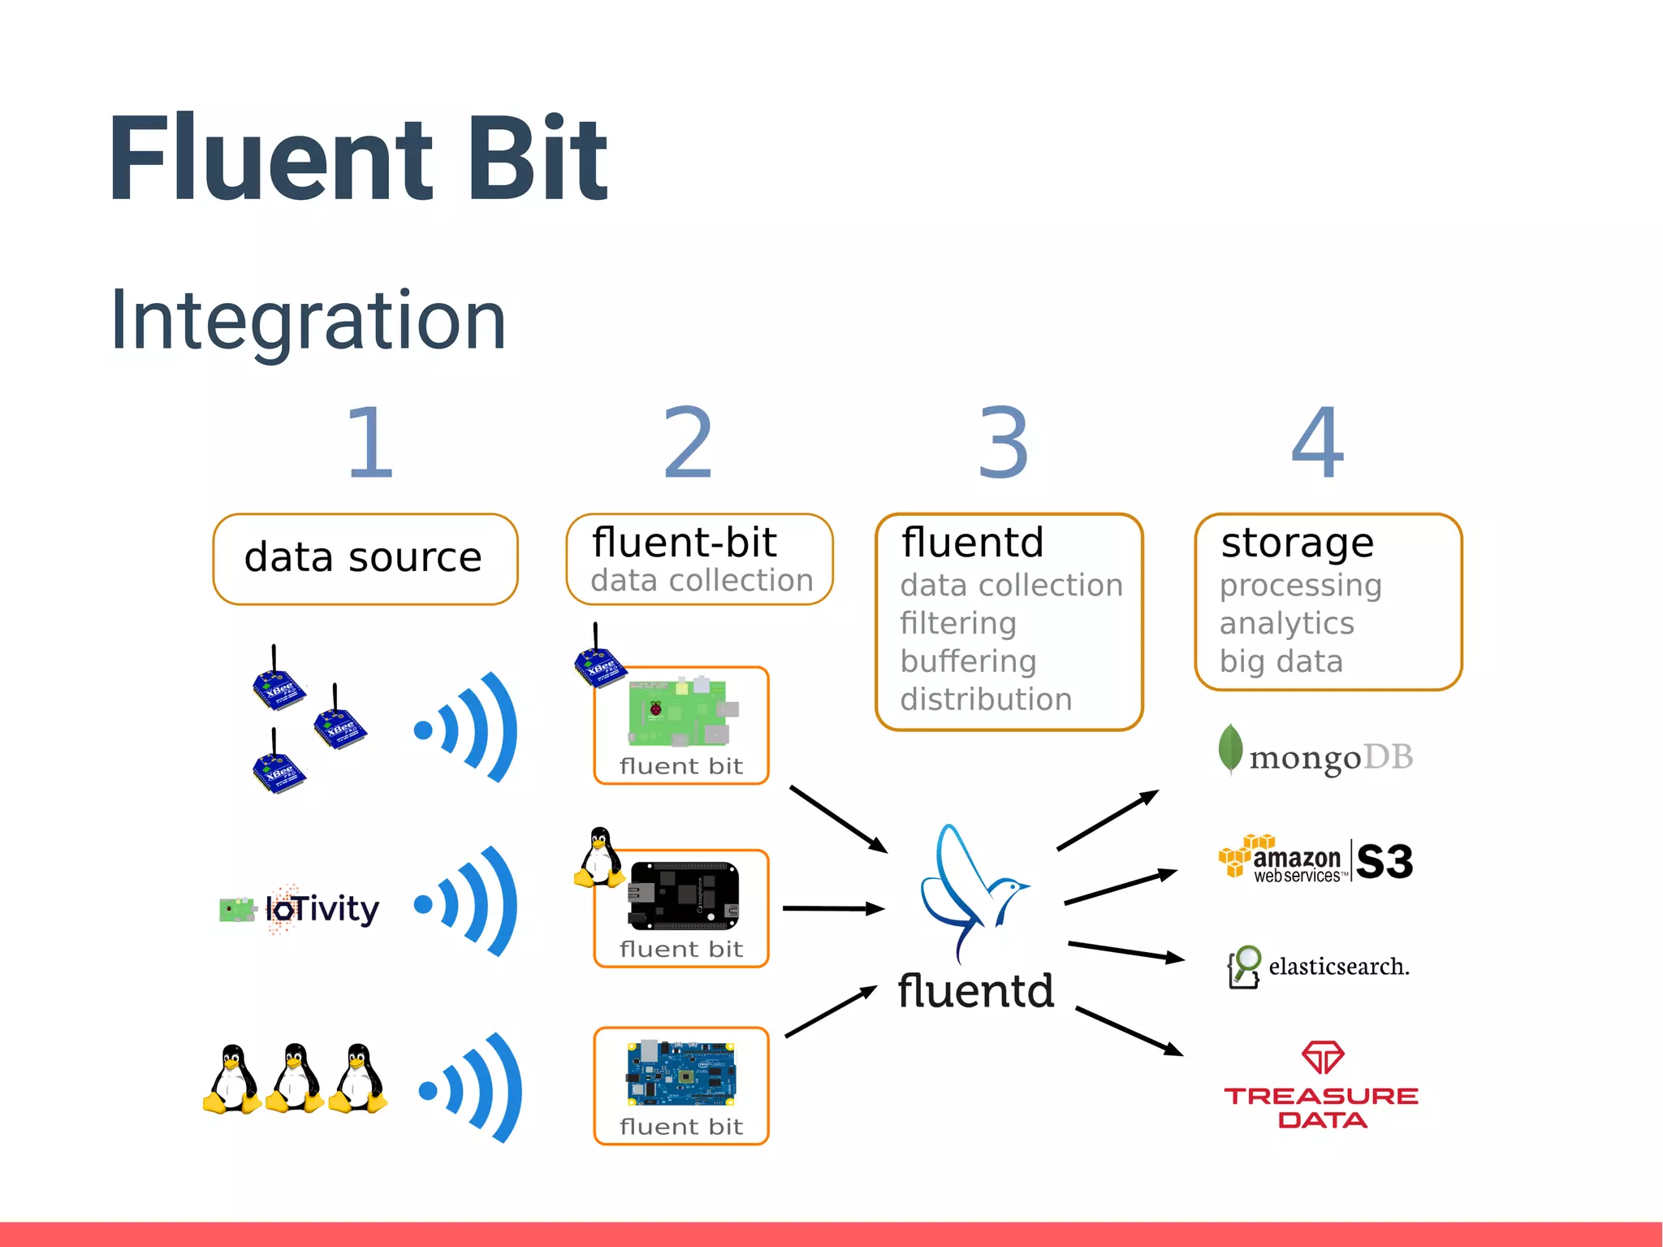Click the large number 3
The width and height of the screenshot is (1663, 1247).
(1004, 443)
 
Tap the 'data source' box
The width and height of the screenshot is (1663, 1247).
(365, 559)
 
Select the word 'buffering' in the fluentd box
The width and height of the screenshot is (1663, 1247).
(968, 661)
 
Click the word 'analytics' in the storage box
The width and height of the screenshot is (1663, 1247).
(1286, 623)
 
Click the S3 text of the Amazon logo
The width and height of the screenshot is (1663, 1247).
(1384, 861)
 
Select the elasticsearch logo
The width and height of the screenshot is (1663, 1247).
(1320, 966)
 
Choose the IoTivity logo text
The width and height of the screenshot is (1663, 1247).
(322, 908)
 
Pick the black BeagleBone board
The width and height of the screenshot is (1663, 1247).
(684, 896)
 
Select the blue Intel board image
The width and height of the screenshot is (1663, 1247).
(680, 1073)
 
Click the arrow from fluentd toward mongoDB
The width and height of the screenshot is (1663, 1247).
(1108, 820)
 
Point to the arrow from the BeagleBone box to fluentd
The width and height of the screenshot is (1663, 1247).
(833, 908)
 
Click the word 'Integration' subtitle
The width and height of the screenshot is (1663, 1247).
(308, 321)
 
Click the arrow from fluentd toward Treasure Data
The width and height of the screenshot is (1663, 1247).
(1129, 1031)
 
